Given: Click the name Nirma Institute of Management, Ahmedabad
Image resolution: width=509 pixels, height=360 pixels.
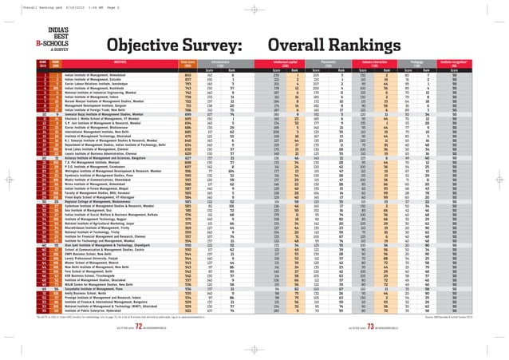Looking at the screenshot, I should pyautogui.click(x=77, y=226).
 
